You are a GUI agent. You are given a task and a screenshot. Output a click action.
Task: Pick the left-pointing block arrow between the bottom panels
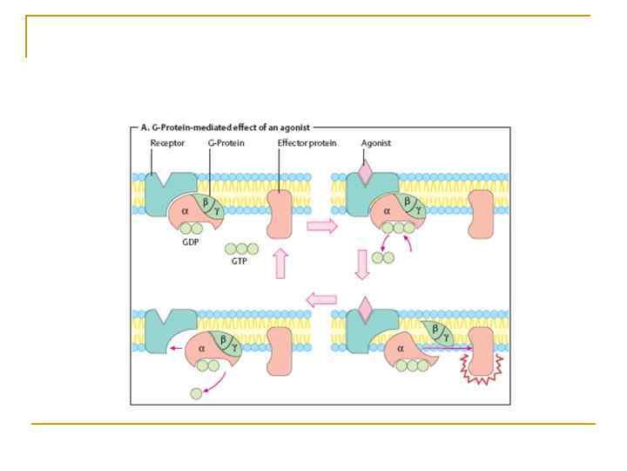click(321, 301)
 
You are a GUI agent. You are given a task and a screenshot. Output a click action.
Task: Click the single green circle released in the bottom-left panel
click(196, 395)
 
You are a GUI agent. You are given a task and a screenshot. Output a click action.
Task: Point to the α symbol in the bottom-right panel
click(403, 349)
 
